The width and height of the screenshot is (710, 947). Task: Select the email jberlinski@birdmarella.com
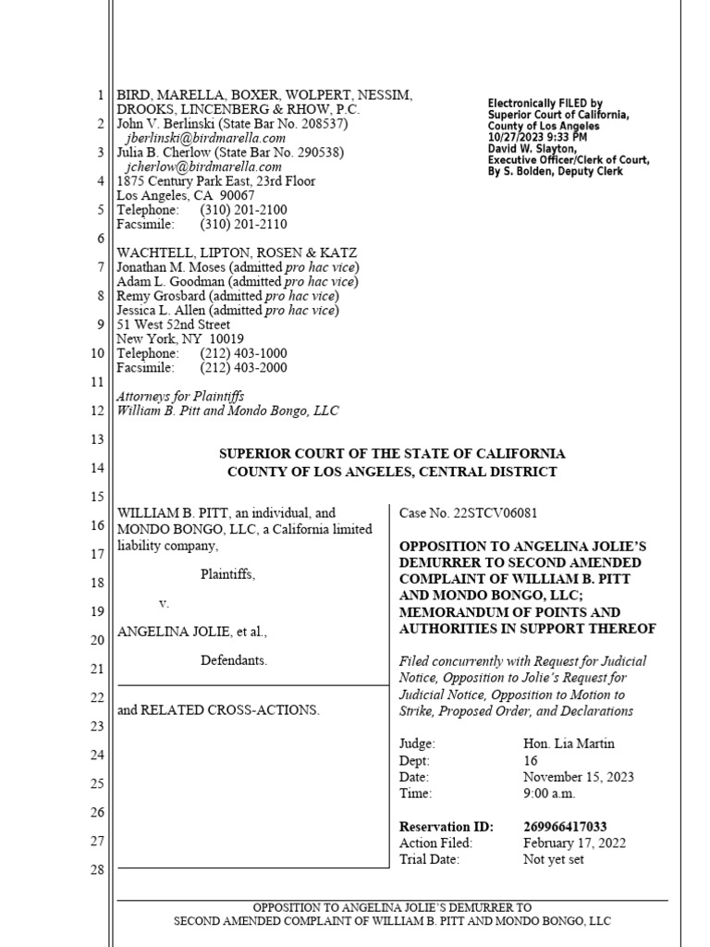(203, 138)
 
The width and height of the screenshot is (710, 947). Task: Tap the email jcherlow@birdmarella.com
(203, 166)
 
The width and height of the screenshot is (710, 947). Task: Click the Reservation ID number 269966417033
(565, 827)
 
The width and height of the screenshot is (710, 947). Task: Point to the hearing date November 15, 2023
(578, 777)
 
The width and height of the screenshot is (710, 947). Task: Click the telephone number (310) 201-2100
(243, 210)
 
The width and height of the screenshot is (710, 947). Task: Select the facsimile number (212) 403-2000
(243, 368)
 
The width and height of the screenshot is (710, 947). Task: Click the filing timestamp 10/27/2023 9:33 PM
(540, 136)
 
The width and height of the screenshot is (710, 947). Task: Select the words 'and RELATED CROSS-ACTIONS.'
(217, 710)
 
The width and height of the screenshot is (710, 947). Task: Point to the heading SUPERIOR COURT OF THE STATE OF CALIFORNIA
(392, 454)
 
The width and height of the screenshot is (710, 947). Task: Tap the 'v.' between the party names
(164, 603)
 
